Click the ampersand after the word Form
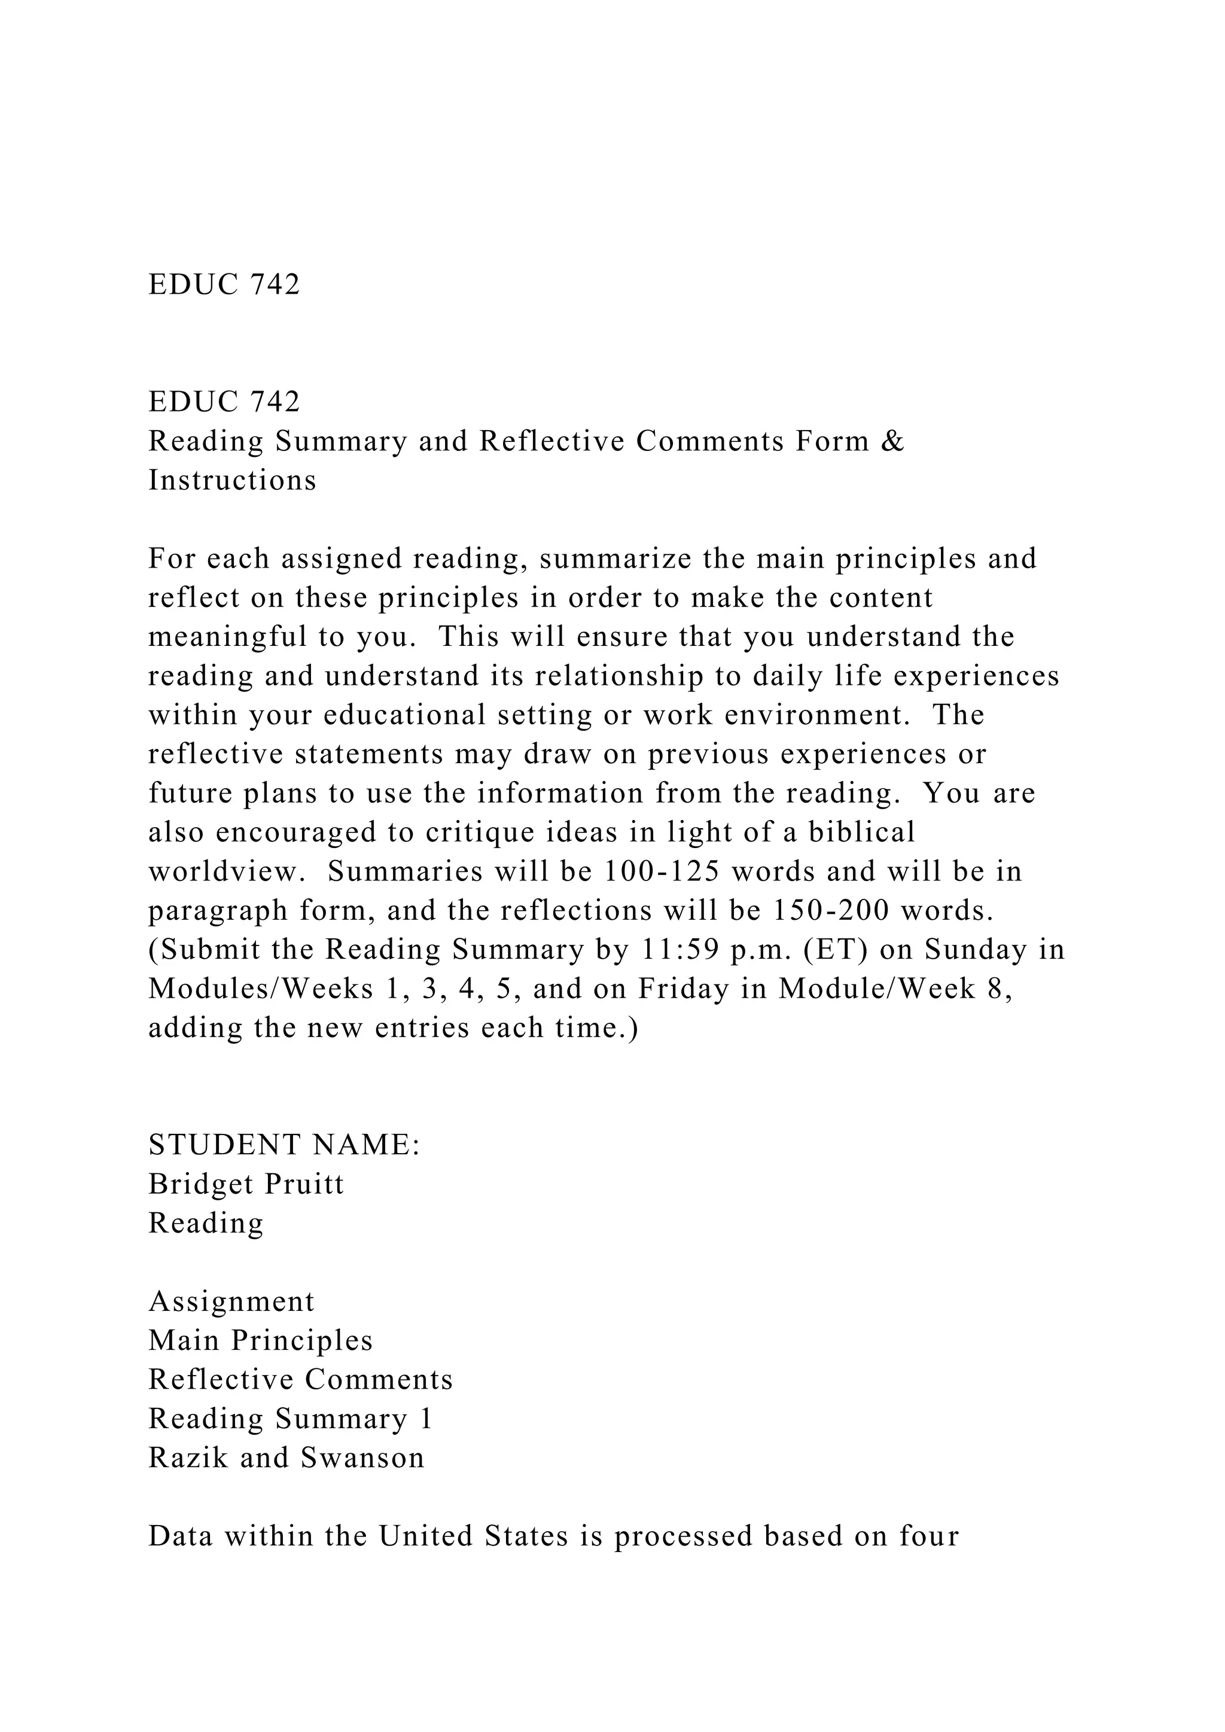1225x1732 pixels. tap(892, 441)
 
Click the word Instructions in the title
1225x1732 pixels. tap(232, 480)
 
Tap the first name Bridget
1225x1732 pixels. tap(200, 1184)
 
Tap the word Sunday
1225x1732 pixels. tap(976, 950)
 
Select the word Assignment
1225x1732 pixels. tap(231, 1301)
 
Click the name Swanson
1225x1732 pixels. tap(363, 1457)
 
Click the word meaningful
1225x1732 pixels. tap(227, 637)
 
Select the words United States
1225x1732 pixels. tap(473, 1536)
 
